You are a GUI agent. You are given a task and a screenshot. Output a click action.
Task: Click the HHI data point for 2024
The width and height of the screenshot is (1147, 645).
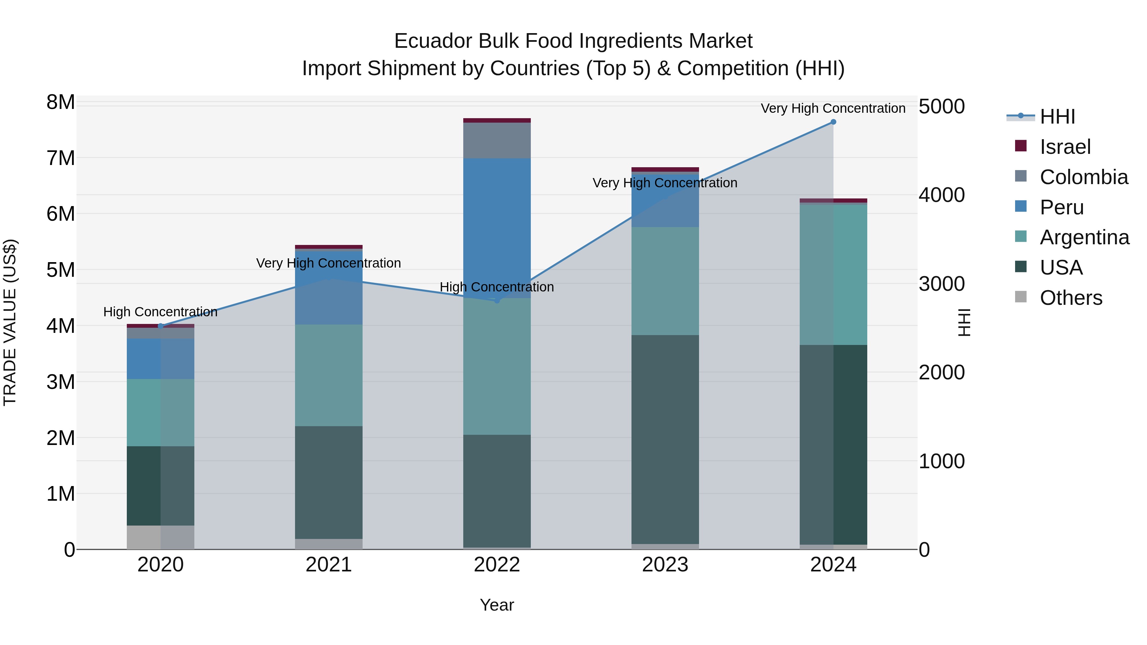(833, 122)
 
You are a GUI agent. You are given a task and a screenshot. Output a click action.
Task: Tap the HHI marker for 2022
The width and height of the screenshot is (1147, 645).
(497, 300)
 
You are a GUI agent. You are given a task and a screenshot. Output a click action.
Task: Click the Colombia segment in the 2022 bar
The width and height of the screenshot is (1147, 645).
(497, 140)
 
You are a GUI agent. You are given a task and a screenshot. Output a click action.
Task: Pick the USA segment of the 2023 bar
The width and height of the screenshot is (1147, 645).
(665, 439)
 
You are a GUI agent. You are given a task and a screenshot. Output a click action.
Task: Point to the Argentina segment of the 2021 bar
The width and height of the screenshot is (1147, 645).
(328, 375)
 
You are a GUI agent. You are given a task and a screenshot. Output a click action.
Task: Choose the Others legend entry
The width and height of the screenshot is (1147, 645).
(1071, 298)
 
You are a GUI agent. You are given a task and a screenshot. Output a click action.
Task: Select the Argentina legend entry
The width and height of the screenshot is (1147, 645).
(1084, 237)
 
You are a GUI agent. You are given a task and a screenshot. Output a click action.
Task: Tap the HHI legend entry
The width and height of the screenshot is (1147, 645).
(1057, 117)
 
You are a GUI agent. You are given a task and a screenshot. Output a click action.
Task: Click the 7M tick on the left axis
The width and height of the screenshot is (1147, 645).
(61, 158)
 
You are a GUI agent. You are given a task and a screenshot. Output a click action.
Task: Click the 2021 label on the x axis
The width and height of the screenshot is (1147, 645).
(328, 565)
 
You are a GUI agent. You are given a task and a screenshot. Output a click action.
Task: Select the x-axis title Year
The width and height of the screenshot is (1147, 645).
(497, 605)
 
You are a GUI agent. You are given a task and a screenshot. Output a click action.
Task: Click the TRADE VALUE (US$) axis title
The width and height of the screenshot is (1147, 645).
(10, 322)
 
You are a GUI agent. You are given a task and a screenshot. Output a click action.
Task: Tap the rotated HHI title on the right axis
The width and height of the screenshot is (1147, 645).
(964, 322)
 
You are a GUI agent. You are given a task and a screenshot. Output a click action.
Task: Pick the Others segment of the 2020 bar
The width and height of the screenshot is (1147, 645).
(160, 537)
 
